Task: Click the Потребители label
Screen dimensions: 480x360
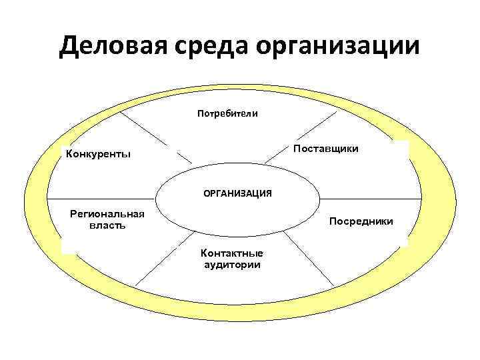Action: pyautogui.click(x=227, y=113)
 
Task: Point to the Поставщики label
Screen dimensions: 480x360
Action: pyautogui.click(x=326, y=148)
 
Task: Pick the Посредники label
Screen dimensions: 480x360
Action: pyautogui.click(x=361, y=221)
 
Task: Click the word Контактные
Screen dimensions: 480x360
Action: pyautogui.click(x=232, y=253)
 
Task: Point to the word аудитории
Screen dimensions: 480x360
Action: pyautogui.click(x=232, y=264)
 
